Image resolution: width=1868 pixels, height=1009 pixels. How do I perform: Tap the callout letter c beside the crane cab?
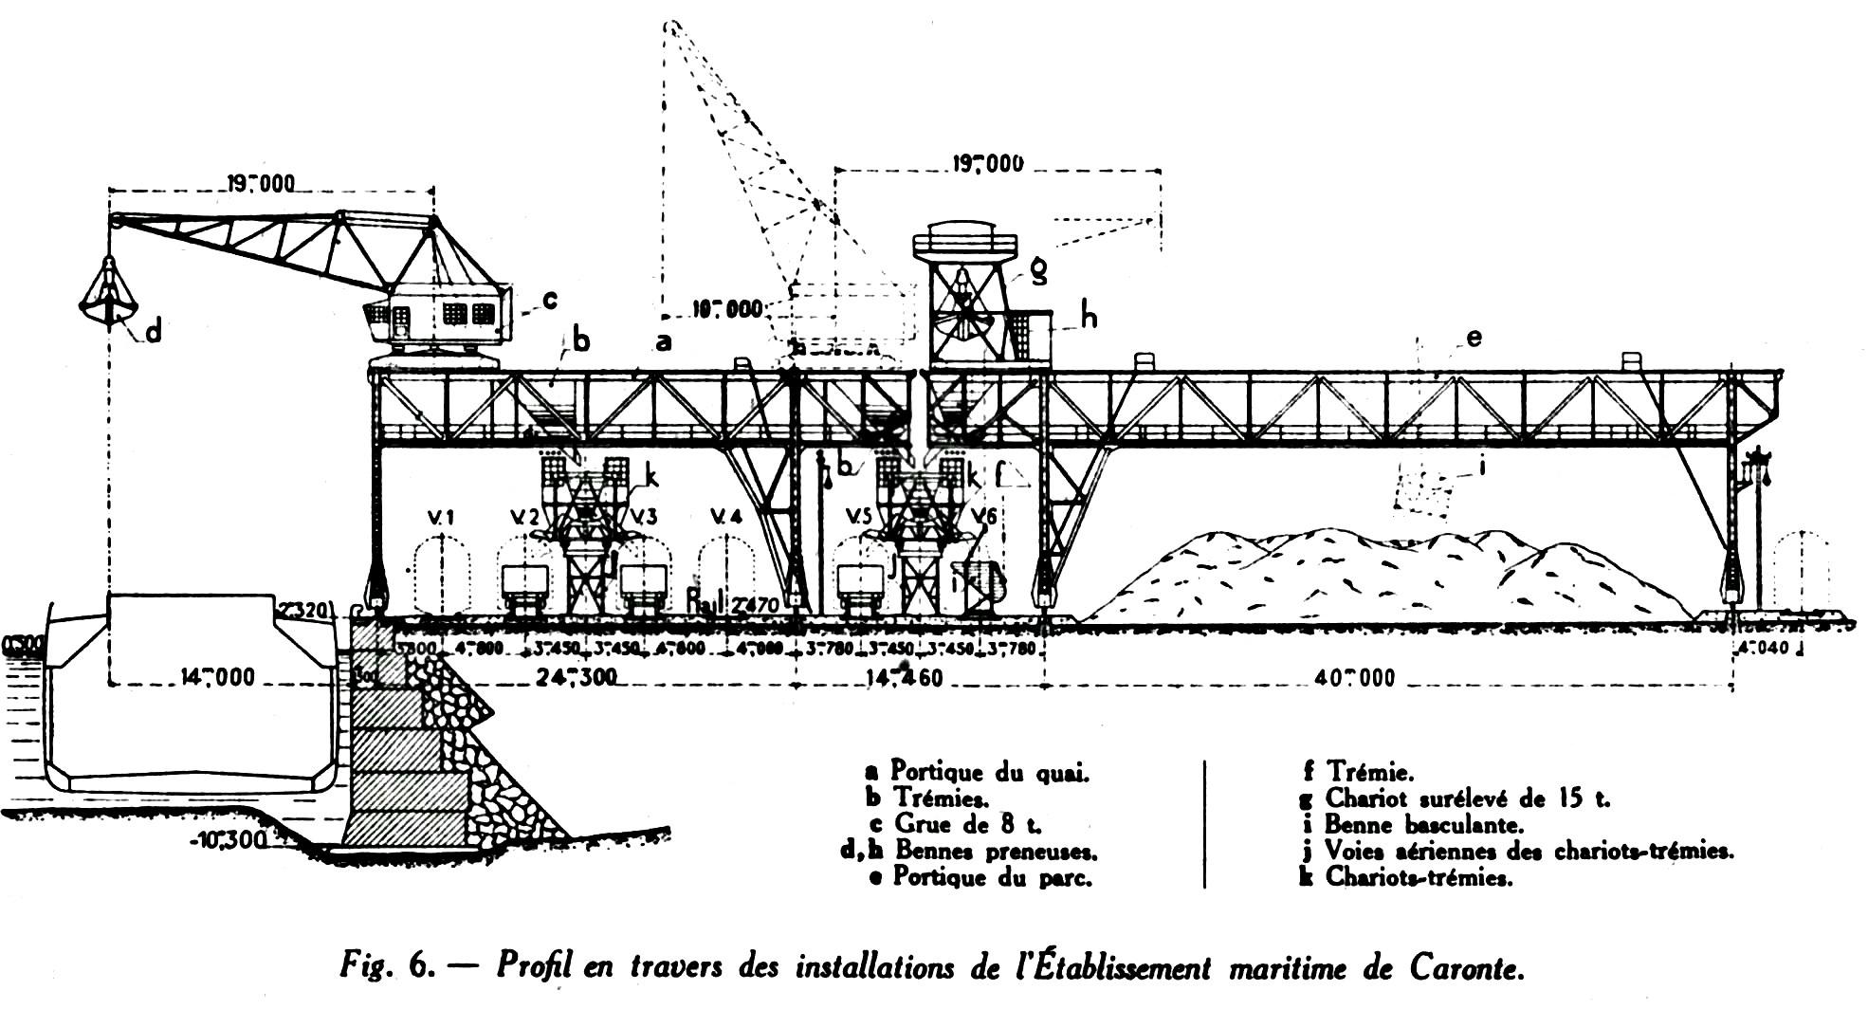pos(549,300)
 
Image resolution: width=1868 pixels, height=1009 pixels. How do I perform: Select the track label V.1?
pos(441,518)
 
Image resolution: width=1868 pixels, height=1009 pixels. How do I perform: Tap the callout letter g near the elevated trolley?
pos(1039,272)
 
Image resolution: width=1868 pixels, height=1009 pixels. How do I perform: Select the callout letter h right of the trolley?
pos(1089,317)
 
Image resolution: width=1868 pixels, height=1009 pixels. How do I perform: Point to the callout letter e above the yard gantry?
pos(1473,338)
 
